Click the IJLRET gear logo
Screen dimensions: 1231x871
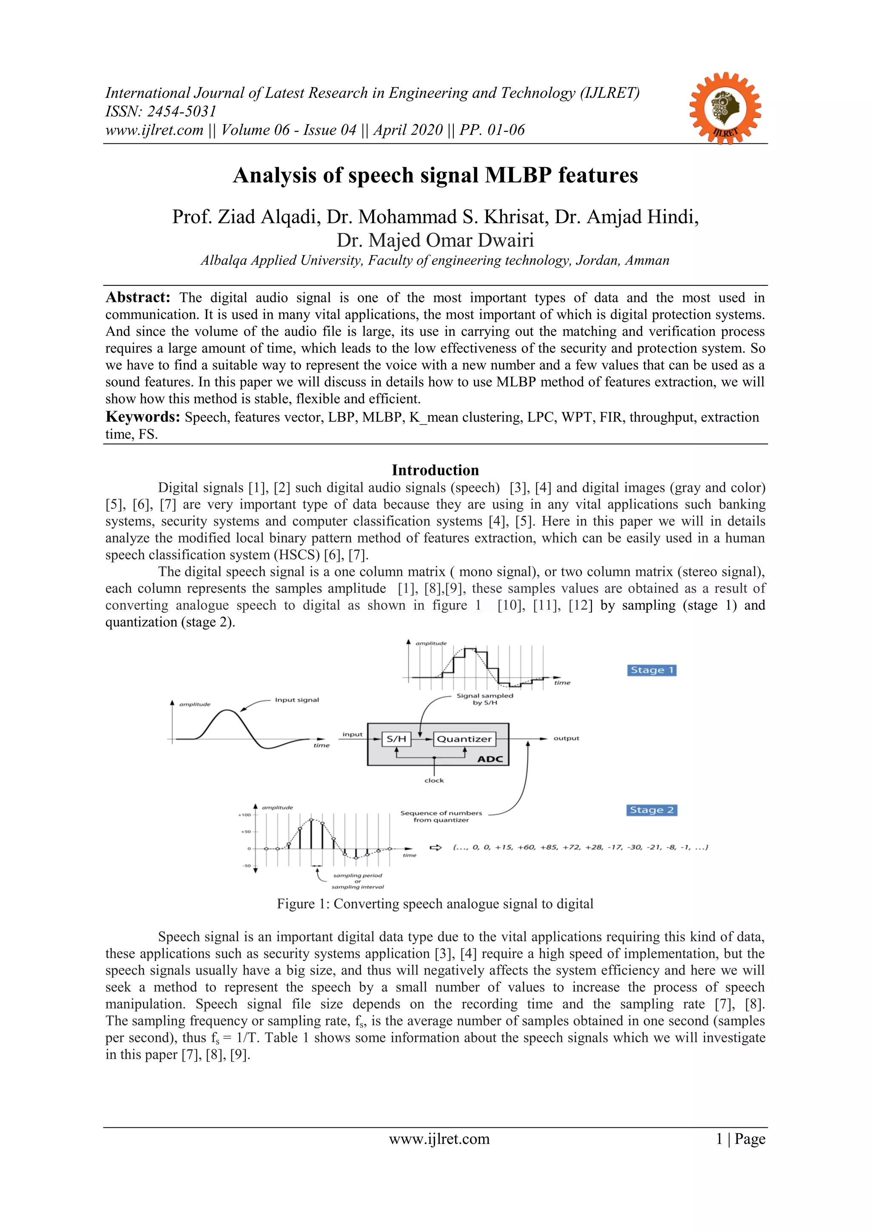pos(725,108)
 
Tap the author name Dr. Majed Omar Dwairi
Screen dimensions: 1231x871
pos(435,240)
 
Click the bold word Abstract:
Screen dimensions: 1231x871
pos(138,298)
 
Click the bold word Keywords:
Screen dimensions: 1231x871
pos(142,417)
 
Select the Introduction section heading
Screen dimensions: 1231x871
pos(435,470)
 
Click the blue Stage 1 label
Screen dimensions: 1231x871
pos(651,670)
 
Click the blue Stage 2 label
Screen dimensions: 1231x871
pos(651,810)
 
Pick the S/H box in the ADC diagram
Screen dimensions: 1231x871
pos(396,739)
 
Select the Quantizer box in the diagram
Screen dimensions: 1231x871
pos(464,739)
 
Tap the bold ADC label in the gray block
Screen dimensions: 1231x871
pos(490,759)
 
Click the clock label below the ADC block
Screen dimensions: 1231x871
pos(434,781)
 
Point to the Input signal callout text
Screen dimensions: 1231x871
pos(296,699)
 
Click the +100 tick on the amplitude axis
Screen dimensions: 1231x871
pos(244,815)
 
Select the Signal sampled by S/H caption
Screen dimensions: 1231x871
pos(484,699)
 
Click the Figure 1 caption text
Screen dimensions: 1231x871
pos(435,904)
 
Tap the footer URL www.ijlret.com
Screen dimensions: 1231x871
pos(439,1139)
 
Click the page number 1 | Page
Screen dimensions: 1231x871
pos(740,1139)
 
